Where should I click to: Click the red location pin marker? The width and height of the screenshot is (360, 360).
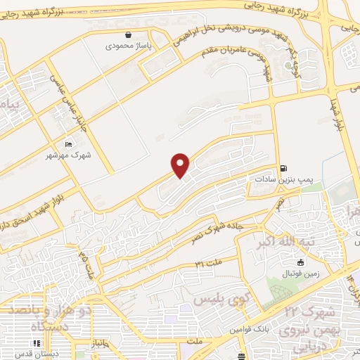click(x=181, y=165)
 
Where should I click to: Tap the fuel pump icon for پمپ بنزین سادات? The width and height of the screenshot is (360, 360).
click(x=283, y=168)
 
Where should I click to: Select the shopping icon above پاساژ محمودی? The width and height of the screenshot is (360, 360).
click(x=127, y=34)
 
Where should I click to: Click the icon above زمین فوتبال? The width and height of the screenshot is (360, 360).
click(x=300, y=262)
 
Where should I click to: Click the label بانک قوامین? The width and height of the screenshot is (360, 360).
click(x=245, y=329)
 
